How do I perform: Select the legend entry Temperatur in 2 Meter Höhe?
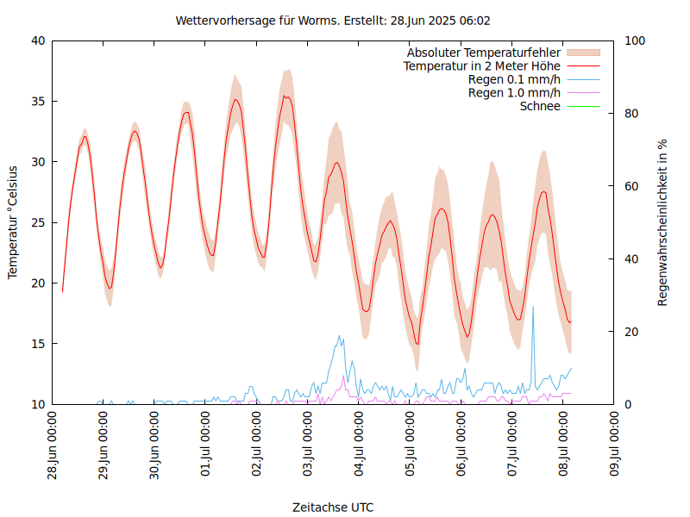[482, 66]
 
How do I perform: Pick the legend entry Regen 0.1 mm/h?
[514, 79]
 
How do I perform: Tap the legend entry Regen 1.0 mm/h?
[514, 93]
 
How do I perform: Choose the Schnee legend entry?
[540, 106]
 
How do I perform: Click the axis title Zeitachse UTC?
[333, 507]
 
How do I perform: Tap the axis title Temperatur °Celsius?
[13, 222]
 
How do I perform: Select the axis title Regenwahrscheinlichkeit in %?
[663, 222]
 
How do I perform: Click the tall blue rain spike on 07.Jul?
[533, 308]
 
